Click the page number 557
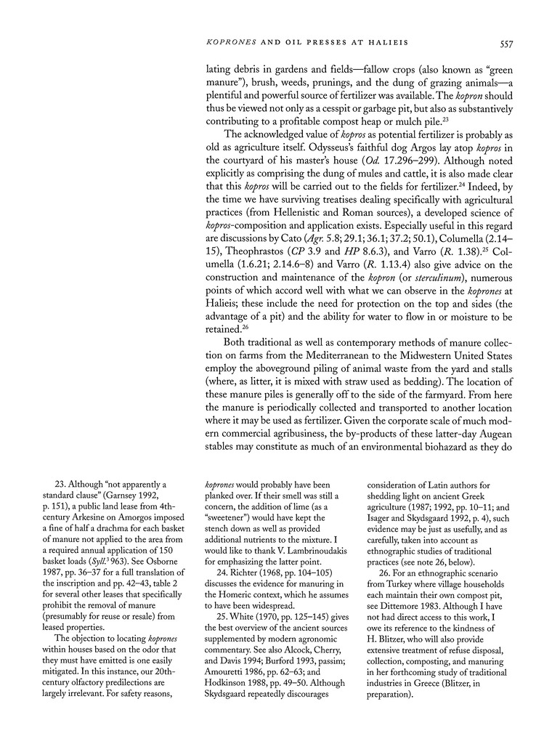click(506, 44)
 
